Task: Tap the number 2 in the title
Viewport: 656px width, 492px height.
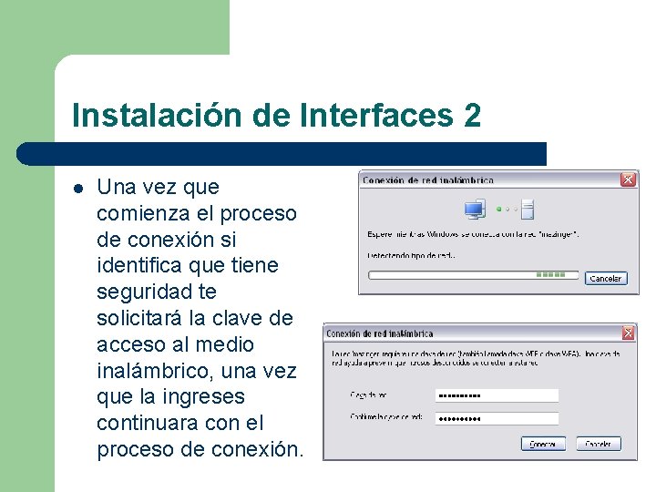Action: (471, 116)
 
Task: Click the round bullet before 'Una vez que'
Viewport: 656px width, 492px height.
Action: (78, 189)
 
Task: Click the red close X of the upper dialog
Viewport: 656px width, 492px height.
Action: (628, 179)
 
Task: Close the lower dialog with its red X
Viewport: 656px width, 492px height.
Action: (628, 333)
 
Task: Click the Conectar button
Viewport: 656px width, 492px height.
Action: (543, 444)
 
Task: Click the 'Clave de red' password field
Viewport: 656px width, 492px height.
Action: (497, 395)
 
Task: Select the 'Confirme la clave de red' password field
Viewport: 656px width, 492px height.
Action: (497, 418)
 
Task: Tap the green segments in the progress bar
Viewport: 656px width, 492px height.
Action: (550, 274)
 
